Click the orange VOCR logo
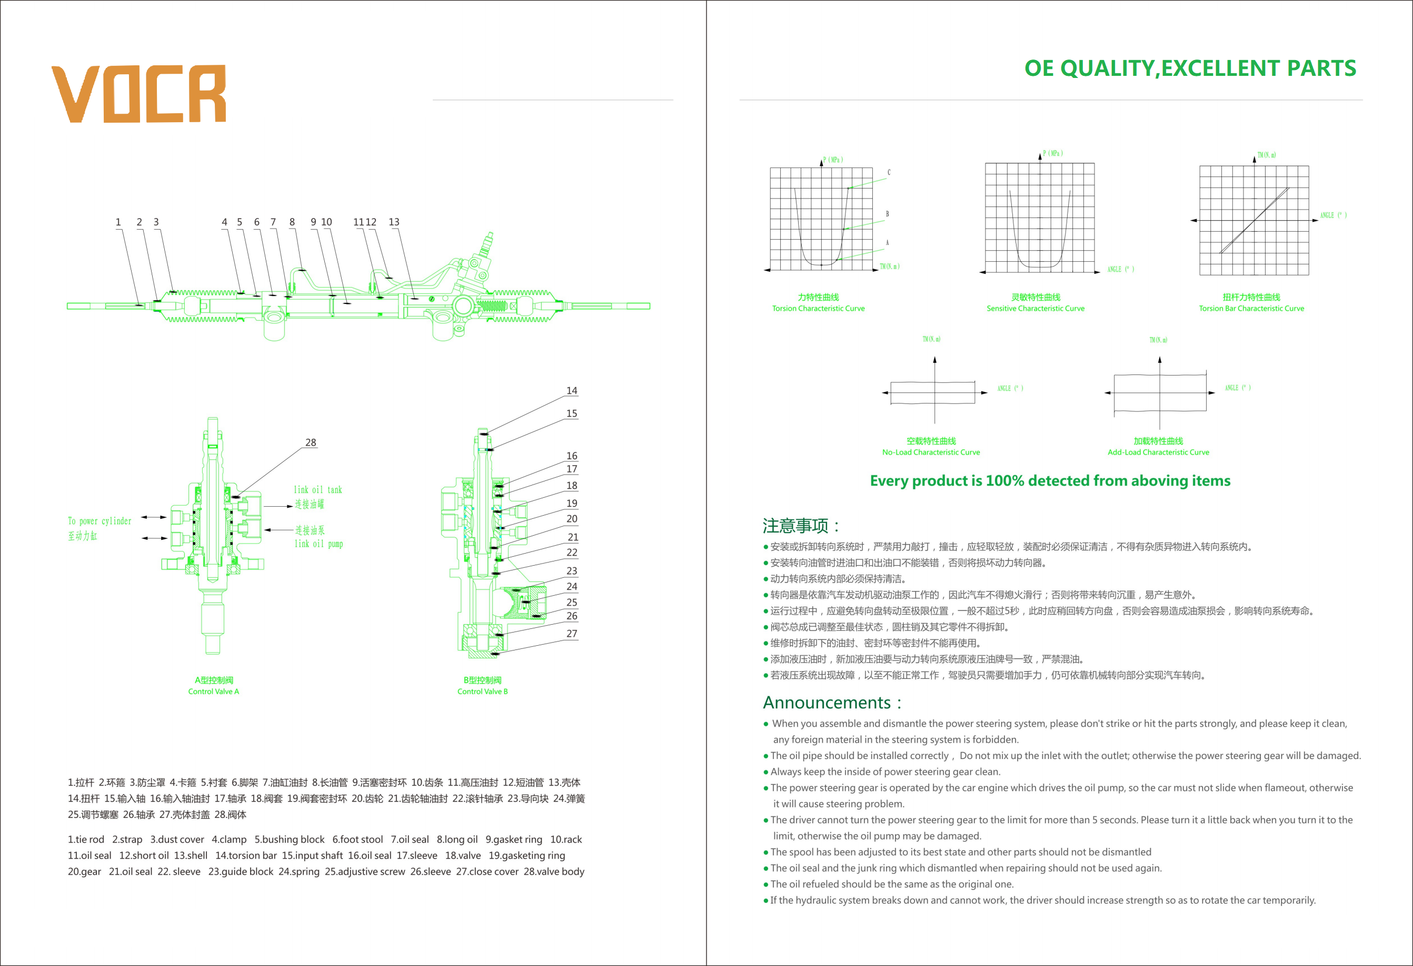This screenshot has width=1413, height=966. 139,94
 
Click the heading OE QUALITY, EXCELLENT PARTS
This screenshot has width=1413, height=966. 1190,68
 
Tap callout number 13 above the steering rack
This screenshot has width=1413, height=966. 394,222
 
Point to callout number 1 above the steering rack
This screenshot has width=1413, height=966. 118,222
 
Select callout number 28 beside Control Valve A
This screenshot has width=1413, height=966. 311,442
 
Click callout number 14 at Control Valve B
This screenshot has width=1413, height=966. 572,390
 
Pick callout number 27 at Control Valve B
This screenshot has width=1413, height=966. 572,633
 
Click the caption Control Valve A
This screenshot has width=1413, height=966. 213,691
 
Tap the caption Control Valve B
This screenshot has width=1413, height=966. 482,691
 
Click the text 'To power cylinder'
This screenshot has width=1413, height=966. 99,521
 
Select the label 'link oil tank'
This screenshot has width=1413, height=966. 317,490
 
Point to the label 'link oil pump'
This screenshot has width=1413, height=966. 319,543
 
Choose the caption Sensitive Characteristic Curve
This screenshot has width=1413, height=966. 1035,309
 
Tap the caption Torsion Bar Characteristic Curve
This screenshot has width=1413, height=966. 1251,309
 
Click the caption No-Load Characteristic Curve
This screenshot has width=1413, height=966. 931,452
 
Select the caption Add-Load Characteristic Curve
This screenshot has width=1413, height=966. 1158,452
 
